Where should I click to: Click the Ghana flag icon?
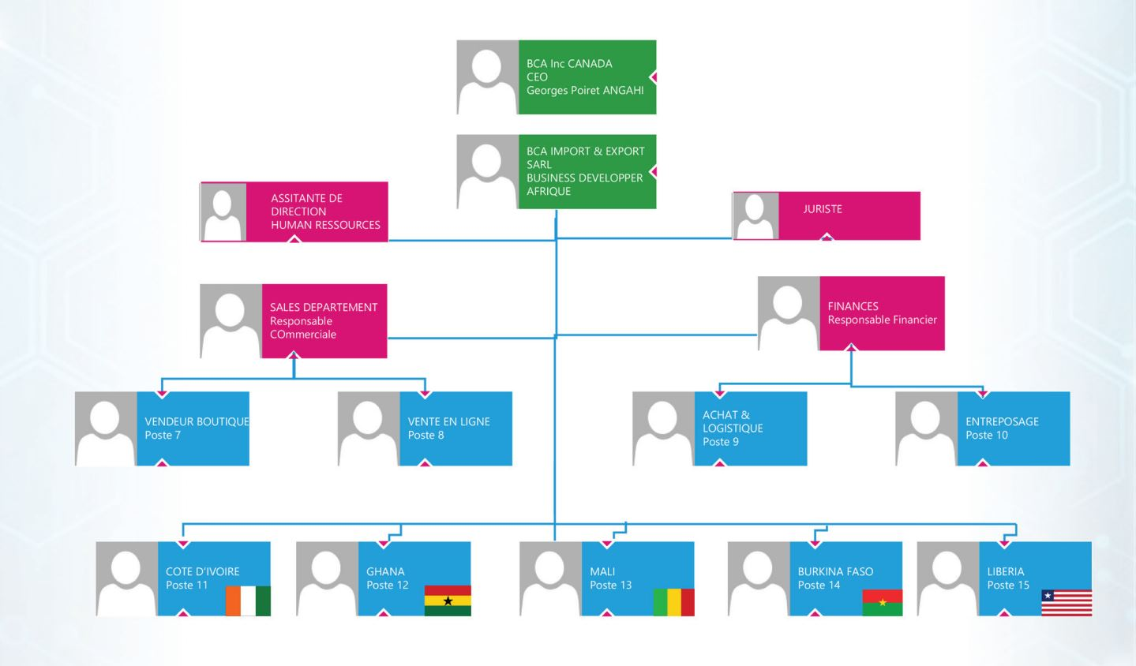448,601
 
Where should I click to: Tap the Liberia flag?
1067,602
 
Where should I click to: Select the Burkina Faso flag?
882,602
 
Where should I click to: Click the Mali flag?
673,602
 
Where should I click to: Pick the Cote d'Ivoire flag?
248,601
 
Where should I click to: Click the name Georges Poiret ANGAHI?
585,91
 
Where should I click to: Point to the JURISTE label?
823,209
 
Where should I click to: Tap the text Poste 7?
163,435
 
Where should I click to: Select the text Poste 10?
986,435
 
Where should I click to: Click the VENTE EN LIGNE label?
448,421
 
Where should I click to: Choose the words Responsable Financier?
882,320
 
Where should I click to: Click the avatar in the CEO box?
487,77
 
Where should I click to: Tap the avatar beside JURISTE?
755,215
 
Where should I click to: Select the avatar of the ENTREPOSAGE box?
925,428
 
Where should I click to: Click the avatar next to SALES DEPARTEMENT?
231,321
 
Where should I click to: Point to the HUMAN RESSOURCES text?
325,225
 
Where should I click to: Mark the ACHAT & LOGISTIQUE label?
732,421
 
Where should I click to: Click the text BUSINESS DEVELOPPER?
584,178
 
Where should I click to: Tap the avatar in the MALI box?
550,578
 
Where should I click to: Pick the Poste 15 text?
1008,585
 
